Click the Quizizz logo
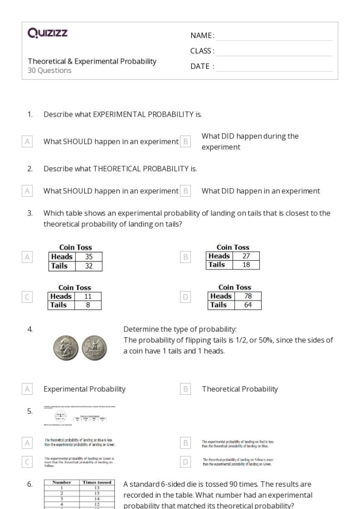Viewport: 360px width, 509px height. pyautogui.click(x=48, y=34)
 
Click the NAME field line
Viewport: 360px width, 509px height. pyautogui.click(x=274, y=36)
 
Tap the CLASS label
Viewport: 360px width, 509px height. pyautogui.click(x=202, y=50)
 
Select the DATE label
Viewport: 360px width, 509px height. pyautogui.click(x=202, y=66)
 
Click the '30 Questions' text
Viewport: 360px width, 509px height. pyautogui.click(x=49, y=71)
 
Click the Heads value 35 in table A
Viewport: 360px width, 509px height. pyautogui.click(x=88, y=257)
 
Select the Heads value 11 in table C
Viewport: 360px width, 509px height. pyautogui.click(x=88, y=297)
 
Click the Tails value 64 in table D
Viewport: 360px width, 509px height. pyautogui.click(x=248, y=304)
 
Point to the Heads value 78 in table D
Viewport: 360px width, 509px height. pyautogui.click(x=248, y=296)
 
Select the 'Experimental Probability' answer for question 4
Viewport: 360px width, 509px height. pyautogui.click(x=84, y=389)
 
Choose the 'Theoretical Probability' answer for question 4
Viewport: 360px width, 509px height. pyautogui.click(x=240, y=389)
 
